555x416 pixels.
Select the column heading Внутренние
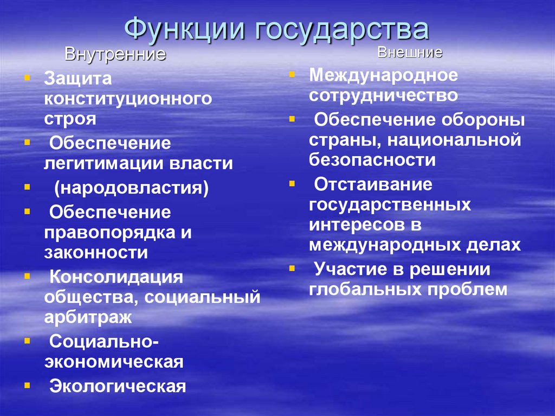pos(115,55)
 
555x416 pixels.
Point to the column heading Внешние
pos(410,53)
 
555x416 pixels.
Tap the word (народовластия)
pos(131,188)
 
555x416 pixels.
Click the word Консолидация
pos(117,277)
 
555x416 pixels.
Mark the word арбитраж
pos(88,316)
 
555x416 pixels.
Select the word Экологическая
pos(118,386)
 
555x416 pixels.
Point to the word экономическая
pos(113,361)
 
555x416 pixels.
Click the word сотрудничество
pos(384,95)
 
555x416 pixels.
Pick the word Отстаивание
pos(373,184)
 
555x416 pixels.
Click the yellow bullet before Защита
pos(27,78)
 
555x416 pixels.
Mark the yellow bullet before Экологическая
pos(27,385)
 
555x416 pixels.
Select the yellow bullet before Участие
pos(292,268)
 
